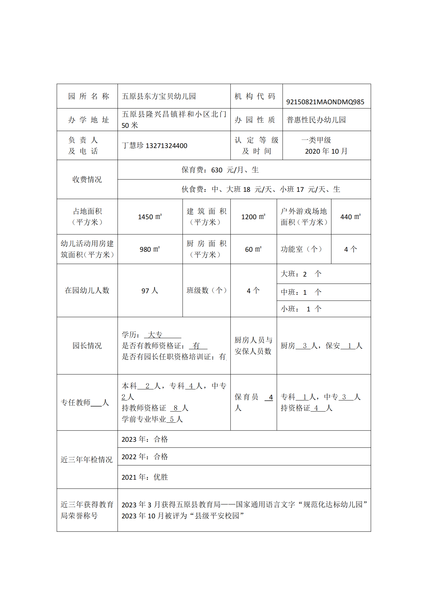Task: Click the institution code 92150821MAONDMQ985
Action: [x=325, y=102]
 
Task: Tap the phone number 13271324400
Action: [x=166, y=145]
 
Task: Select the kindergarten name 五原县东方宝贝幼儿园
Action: [x=159, y=96]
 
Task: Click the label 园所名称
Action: [x=88, y=96]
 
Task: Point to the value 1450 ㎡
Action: [x=150, y=217]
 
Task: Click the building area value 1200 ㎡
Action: [x=253, y=217]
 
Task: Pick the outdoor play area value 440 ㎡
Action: [x=350, y=217]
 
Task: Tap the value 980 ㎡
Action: [x=150, y=249]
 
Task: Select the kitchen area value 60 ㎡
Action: [x=253, y=249]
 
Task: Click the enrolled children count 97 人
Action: [x=150, y=291]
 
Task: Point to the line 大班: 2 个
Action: [x=301, y=274]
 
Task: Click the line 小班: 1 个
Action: [x=301, y=309]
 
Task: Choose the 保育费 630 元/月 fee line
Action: [x=220, y=170]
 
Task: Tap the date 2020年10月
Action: [x=326, y=151]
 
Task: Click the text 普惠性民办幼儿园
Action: [x=316, y=120]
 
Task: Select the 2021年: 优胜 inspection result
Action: [x=145, y=477]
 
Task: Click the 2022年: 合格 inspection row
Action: [x=145, y=457]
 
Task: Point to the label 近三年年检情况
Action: [x=87, y=460]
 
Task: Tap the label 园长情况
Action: [x=87, y=346]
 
